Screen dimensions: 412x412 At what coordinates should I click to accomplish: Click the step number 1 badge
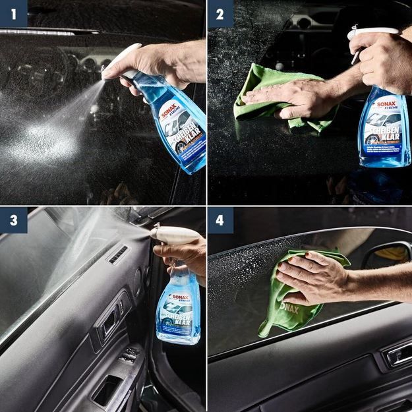tap(13, 13)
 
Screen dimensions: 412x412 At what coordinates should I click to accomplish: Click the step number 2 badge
tap(220, 13)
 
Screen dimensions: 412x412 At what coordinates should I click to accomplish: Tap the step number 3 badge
tap(13, 220)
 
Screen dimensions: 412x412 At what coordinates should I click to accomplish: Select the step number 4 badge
tap(220, 220)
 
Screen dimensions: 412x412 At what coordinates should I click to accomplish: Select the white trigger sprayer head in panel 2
tap(372, 33)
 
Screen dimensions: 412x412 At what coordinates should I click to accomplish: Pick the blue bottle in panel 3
tap(178, 310)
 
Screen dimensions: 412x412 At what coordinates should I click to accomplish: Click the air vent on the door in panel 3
tap(118, 255)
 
